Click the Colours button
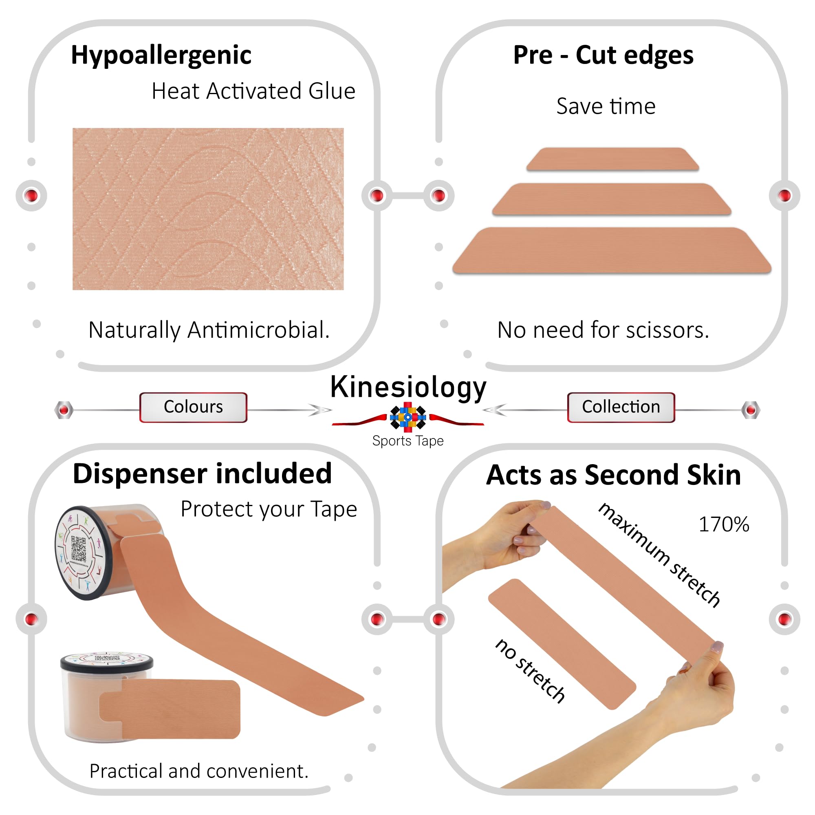[193, 407]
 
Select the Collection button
[621, 407]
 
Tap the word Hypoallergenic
[161, 56]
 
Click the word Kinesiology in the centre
[408, 388]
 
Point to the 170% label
[724, 524]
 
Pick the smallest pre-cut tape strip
[612, 159]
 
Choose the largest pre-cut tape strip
[612, 251]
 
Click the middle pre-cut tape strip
[612, 199]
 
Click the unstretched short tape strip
[562, 644]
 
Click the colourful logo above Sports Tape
[407, 417]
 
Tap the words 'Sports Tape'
[408, 441]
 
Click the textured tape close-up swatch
[208, 209]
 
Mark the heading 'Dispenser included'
[203, 473]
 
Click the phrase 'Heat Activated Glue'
[253, 91]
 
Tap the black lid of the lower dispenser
[107, 663]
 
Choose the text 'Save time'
[606, 106]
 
